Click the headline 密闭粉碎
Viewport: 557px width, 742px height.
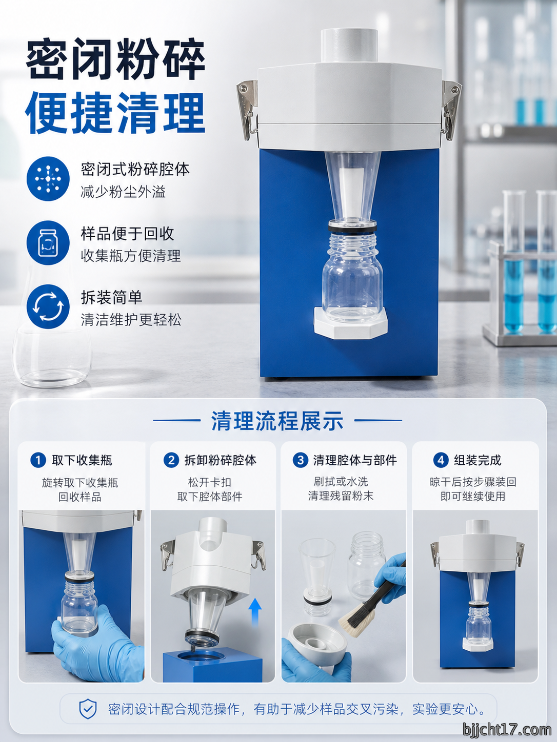[115, 59]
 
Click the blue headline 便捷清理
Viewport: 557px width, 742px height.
[115, 113]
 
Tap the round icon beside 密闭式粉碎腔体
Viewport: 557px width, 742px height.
[48, 178]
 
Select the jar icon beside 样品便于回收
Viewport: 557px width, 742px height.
[48, 242]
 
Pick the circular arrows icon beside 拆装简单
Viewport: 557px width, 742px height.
[48, 306]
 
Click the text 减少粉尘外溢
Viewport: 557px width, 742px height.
[123, 192]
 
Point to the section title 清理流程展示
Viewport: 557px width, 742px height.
[277, 421]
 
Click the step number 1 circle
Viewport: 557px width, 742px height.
[38, 460]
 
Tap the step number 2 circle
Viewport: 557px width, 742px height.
[171, 460]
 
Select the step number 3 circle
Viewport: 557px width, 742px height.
[300, 460]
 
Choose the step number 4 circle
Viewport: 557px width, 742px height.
[441, 460]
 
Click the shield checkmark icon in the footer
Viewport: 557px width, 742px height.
[88, 709]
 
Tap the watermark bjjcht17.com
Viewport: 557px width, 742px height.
[507, 730]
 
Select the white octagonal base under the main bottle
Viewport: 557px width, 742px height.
[351, 322]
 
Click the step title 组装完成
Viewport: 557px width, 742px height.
[477, 460]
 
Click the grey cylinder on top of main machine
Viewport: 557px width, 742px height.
[349, 45]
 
